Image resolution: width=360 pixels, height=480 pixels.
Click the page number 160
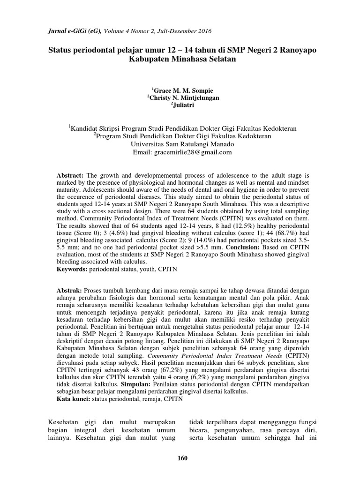click(x=183, y=458)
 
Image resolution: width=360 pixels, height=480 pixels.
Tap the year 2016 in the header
click(x=204, y=31)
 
